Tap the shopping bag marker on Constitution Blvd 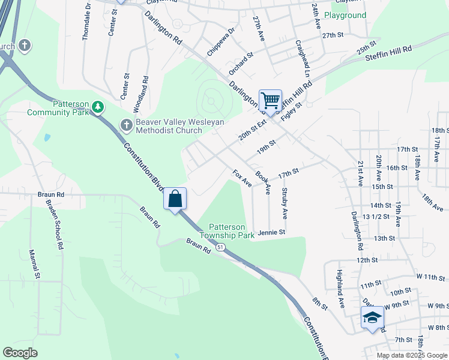click(x=175, y=199)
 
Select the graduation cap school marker click(x=372, y=318)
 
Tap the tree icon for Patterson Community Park click(x=98, y=107)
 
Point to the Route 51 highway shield click(x=221, y=247)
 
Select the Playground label click(x=345, y=15)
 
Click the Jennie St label click(x=271, y=232)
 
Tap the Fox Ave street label click(x=242, y=178)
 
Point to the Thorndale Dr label click(x=85, y=25)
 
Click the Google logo click(x=20, y=353)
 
